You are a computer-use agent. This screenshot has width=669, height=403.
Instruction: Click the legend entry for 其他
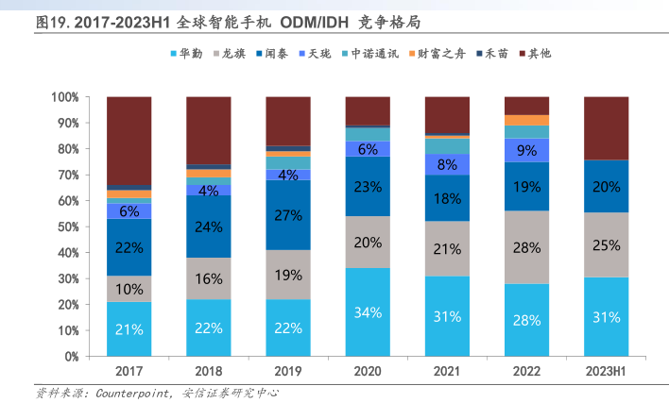536,54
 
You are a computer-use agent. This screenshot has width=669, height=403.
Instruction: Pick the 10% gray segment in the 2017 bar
129,289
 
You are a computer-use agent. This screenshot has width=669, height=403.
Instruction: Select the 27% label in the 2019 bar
288,215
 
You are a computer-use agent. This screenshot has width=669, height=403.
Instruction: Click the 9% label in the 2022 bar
527,150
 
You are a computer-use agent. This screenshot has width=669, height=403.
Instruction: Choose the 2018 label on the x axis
209,372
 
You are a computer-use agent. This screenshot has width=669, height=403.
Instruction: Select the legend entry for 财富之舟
437,54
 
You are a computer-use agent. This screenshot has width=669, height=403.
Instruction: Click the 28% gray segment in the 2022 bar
527,247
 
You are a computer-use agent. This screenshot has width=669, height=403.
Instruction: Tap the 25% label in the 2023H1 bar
607,245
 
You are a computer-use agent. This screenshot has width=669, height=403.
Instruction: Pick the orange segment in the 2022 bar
527,120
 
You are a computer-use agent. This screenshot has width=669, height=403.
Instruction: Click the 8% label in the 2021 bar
448,164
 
